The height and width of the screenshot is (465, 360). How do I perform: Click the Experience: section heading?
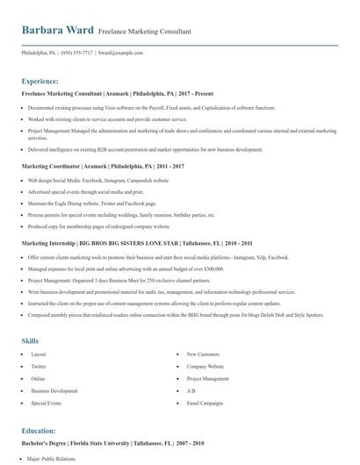tap(40, 80)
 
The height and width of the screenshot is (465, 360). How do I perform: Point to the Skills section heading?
tap(31, 339)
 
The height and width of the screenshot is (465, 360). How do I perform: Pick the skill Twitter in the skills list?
tap(39, 366)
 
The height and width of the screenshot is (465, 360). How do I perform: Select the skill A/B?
tap(191, 390)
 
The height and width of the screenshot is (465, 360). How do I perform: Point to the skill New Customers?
tap(202, 354)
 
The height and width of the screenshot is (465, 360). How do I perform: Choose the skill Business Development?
tap(54, 390)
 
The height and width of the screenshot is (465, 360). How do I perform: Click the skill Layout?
tap(39, 354)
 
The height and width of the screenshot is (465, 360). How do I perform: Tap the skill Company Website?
tap(205, 366)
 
